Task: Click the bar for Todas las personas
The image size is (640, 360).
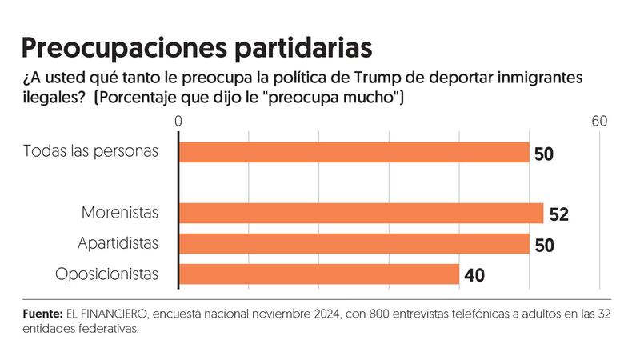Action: coord(354,153)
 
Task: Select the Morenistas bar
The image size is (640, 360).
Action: coord(362,214)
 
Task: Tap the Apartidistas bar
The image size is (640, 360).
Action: coord(354,243)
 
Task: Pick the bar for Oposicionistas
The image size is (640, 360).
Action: coord(319,274)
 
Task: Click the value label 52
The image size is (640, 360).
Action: coord(559,214)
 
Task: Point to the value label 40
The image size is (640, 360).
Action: coord(474,275)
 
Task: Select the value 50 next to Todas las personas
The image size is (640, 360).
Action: coord(545,154)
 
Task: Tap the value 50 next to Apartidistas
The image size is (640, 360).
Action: coord(545,244)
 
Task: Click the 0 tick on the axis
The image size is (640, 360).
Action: coord(179,122)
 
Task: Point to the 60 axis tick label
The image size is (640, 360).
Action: coord(599,122)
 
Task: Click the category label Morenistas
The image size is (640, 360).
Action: coord(120,214)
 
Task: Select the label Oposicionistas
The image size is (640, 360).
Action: coord(107,274)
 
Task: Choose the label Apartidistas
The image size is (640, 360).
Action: coord(118,243)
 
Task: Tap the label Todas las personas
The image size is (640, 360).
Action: coord(91,152)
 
